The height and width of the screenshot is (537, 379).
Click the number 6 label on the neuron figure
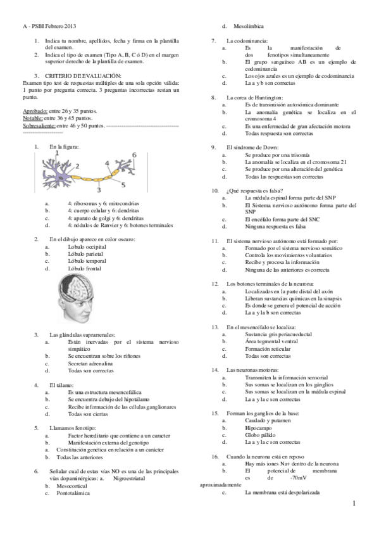[134, 155]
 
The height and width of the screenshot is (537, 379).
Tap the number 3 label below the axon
[99, 189]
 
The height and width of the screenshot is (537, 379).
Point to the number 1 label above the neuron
[56, 153]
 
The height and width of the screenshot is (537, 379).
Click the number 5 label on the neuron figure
[123, 184]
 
